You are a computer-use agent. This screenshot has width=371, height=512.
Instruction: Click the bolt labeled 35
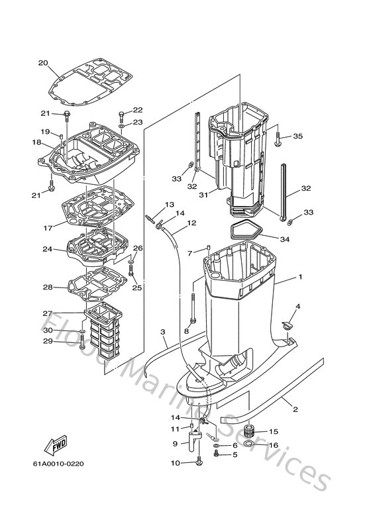[x=277, y=138]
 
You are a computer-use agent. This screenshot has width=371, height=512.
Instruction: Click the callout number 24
[x=46, y=250]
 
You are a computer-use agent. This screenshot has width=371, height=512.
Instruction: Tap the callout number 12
[x=191, y=223]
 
